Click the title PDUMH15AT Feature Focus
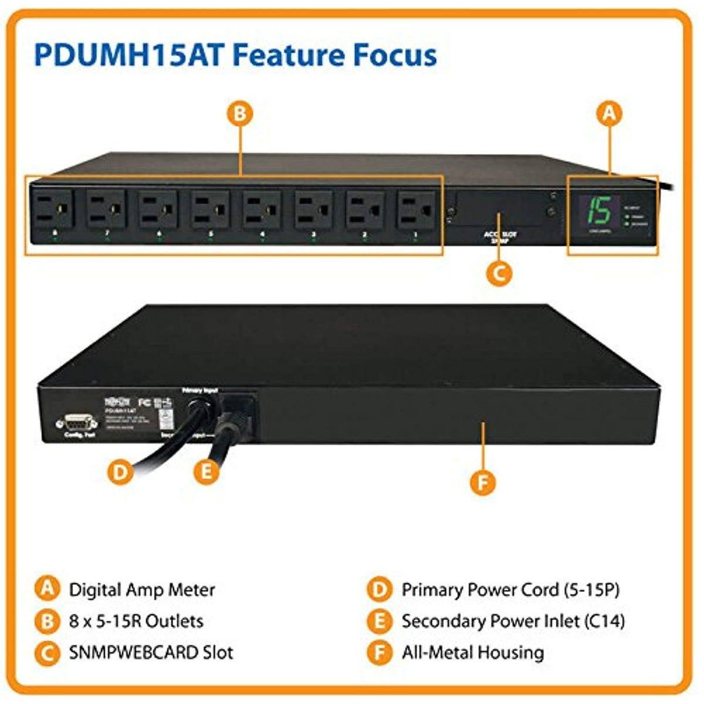pyautogui.click(x=235, y=55)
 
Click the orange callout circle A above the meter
pyautogui.click(x=610, y=113)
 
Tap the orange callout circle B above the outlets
pyautogui.click(x=239, y=113)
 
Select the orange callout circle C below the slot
pyautogui.click(x=499, y=273)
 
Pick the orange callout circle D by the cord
pyautogui.click(x=120, y=471)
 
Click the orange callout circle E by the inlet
pyautogui.click(x=206, y=471)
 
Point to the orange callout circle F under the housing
pyautogui.click(x=483, y=483)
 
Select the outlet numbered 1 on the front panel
pyautogui.click(x=416, y=209)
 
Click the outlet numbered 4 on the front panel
pyautogui.click(x=262, y=209)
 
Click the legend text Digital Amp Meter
pyautogui.click(x=142, y=590)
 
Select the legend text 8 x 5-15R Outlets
pyautogui.click(x=136, y=621)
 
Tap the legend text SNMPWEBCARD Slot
pyautogui.click(x=151, y=652)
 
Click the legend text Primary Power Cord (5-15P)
pyautogui.click(x=510, y=590)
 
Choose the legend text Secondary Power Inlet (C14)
pyautogui.click(x=513, y=621)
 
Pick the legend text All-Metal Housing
pyautogui.click(x=473, y=652)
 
